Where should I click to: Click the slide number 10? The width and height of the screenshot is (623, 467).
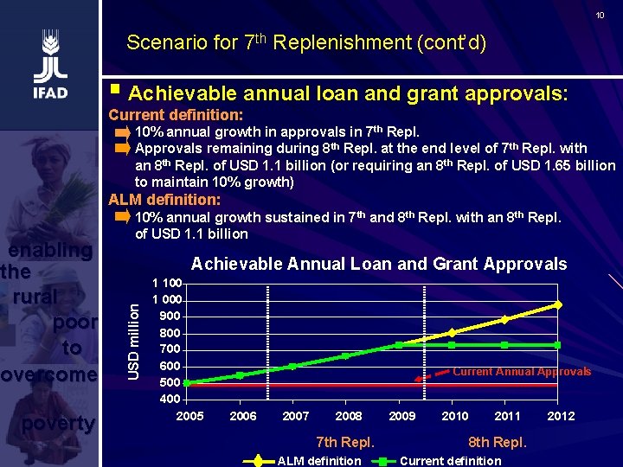[x=600, y=16]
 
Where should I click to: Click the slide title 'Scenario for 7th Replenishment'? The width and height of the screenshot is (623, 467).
[x=305, y=42]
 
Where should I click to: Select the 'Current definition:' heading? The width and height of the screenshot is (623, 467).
[x=175, y=115]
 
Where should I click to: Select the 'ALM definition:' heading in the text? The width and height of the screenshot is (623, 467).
[x=164, y=200]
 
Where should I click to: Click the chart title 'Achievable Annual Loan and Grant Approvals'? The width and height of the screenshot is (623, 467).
[x=379, y=265]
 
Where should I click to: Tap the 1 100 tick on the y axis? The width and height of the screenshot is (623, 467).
[x=166, y=284]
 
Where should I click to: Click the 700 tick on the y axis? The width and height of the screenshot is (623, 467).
[x=170, y=349]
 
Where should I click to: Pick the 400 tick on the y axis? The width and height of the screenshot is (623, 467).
[x=170, y=399]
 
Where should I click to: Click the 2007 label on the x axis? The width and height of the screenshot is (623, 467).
[x=296, y=416]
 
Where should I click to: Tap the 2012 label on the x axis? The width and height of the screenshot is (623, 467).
[x=561, y=416]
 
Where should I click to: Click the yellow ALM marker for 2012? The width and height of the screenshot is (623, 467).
[x=558, y=304]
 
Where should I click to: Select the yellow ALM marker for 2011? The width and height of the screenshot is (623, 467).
[x=505, y=319]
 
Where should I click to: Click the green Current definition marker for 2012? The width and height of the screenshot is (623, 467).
[x=558, y=345]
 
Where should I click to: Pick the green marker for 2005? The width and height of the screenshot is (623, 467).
[x=188, y=382]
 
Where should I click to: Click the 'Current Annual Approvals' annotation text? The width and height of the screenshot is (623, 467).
[x=522, y=372]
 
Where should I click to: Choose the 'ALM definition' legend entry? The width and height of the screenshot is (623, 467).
[x=318, y=461]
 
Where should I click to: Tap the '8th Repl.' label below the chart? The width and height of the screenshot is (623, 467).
[x=497, y=443]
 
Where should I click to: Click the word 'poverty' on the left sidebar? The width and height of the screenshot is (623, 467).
[x=58, y=423]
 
